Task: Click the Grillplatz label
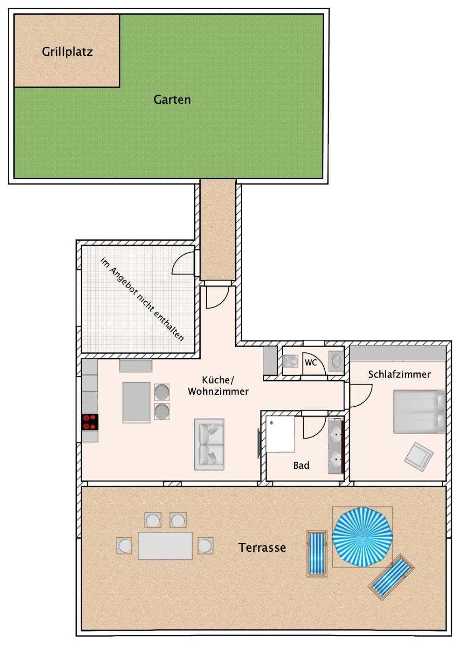(67, 52)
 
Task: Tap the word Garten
(172, 100)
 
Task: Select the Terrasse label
(262, 548)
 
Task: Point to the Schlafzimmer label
(399, 374)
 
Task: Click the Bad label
(301, 465)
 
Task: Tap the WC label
(311, 363)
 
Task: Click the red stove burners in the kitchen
(90, 422)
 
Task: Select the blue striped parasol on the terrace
(362, 537)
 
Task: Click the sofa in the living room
(209, 444)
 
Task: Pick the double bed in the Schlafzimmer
(420, 412)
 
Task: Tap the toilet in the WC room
(290, 361)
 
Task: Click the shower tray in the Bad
(280, 434)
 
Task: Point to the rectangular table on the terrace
(165, 546)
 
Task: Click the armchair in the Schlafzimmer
(418, 457)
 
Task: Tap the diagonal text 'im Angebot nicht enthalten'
(142, 299)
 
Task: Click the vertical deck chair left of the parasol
(317, 554)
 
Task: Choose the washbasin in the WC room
(336, 361)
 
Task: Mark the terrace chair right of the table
(205, 546)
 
